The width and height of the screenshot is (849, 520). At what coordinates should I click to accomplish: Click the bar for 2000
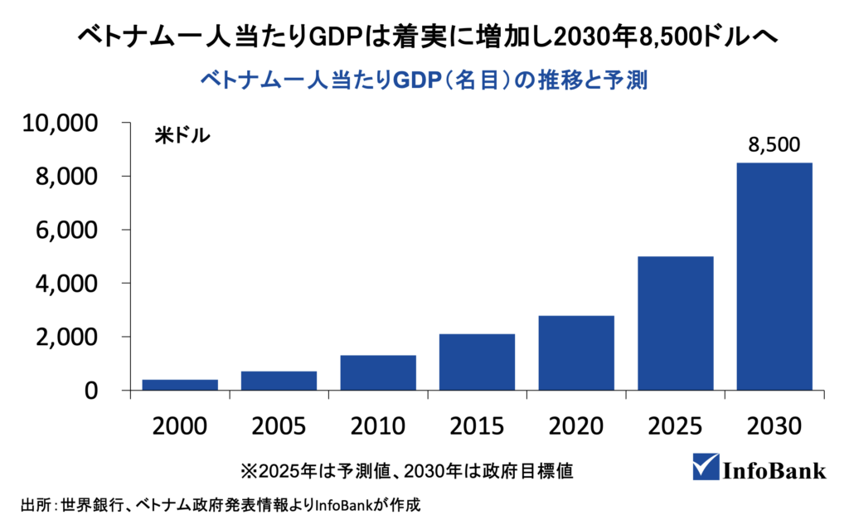point(180,385)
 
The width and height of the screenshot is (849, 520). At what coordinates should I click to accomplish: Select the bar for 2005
point(279,381)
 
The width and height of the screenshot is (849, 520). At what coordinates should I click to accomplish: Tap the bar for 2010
point(378,372)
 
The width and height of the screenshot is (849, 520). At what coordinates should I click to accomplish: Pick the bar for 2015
point(477,362)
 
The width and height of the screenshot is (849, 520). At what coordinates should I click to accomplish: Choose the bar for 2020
point(576,352)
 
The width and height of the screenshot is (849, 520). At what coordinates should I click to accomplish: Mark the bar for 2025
point(675,323)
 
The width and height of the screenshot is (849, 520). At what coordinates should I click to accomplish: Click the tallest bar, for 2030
point(774,276)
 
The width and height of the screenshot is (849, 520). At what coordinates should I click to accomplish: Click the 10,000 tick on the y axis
point(63,124)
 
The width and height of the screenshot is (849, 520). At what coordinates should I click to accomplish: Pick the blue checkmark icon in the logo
point(707,466)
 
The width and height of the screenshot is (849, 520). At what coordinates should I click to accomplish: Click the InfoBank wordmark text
point(776,469)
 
